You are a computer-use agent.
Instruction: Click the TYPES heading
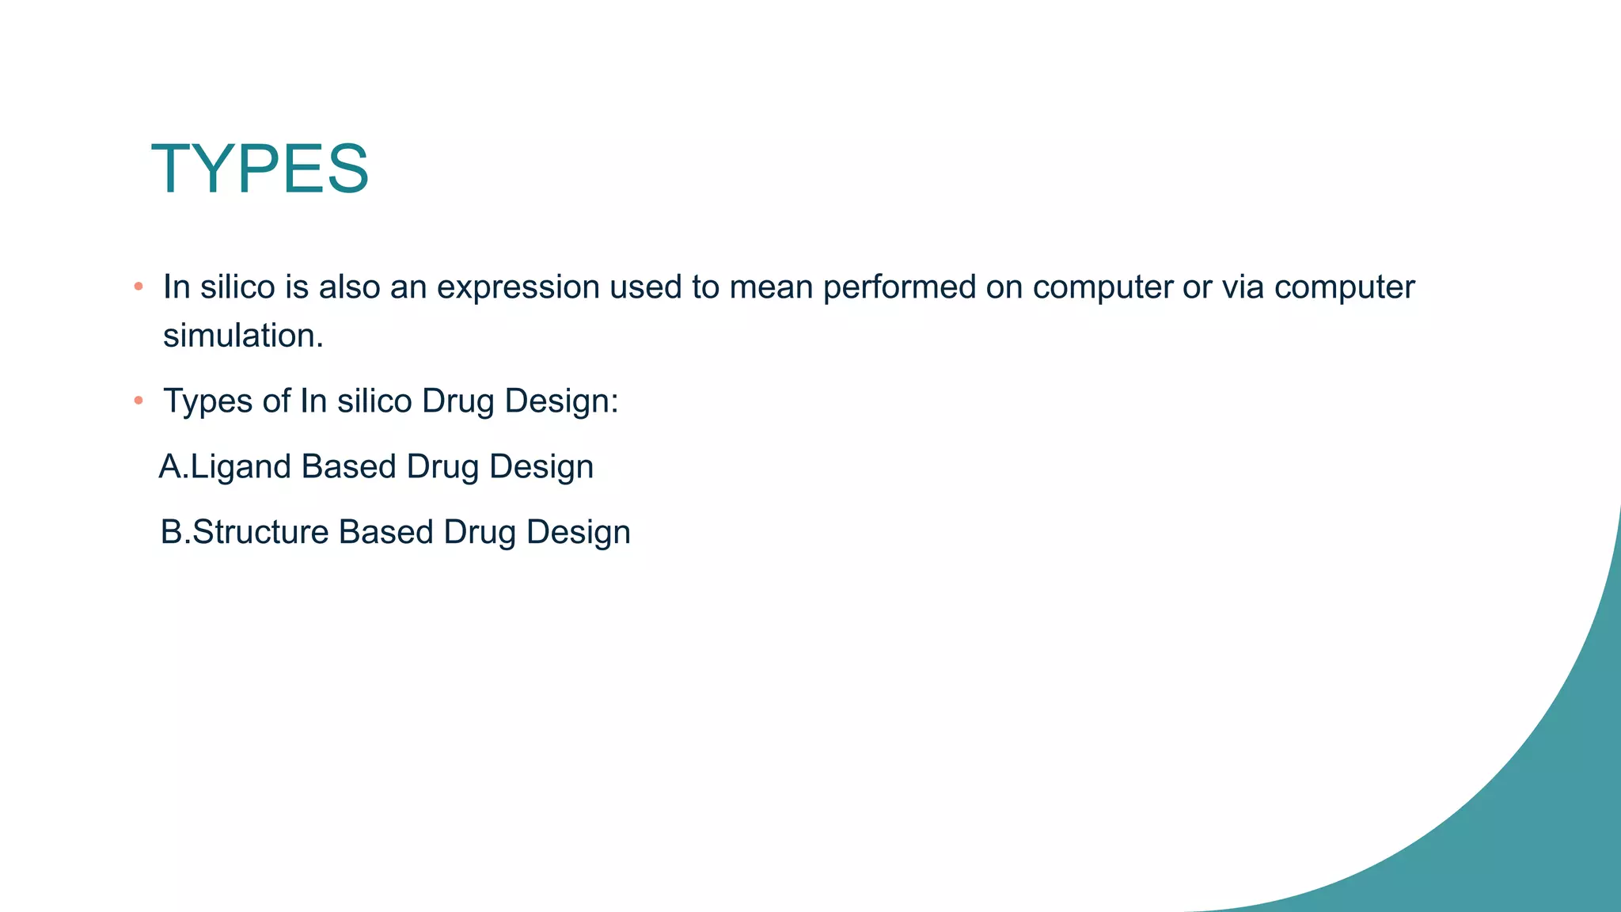(x=260, y=169)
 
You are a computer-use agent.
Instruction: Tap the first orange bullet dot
(x=139, y=286)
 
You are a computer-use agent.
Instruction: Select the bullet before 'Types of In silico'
(x=139, y=401)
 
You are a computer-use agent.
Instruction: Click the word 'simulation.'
(x=243, y=336)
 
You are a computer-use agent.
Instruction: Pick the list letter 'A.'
(x=173, y=467)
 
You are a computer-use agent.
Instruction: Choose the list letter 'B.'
(x=175, y=532)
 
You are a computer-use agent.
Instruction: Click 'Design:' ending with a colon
(x=561, y=401)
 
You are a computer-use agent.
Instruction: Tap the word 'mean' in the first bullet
(x=771, y=287)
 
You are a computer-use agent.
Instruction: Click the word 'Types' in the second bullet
(x=207, y=401)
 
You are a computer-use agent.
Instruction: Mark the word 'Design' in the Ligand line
(x=541, y=467)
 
